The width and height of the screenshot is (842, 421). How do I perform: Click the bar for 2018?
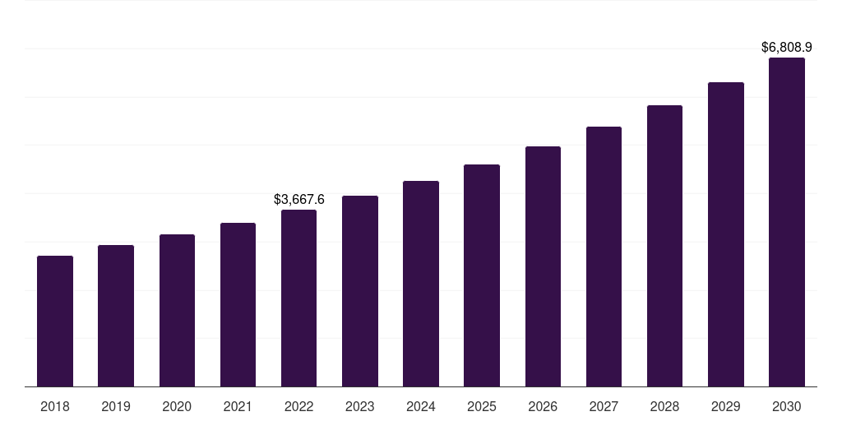pos(55,321)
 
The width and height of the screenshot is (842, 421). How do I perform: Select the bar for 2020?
pos(177,310)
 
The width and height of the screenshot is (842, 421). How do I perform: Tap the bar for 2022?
pos(298,298)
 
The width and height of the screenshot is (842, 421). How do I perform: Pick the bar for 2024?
pos(421,284)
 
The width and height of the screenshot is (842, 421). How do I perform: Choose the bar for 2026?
pos(543,266)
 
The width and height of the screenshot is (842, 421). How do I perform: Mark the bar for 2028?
pos(664,246)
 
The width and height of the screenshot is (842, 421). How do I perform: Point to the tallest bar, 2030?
pos(787,222)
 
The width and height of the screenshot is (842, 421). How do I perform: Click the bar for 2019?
pos(116,316)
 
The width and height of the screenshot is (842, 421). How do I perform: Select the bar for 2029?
pos(726,234)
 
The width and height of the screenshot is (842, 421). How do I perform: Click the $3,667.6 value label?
pos(299,199)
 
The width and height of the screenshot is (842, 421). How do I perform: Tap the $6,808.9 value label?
pos(787,48)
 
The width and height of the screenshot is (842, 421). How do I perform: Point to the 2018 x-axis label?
pos(55,406)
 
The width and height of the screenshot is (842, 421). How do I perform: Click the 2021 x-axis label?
pos(238,406)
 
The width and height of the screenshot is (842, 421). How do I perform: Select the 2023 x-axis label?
pos(360,406)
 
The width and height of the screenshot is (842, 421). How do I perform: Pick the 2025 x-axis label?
pos(482,406)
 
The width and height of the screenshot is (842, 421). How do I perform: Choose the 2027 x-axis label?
pos(604,406)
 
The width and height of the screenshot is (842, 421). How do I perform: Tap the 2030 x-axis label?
pos(787,406)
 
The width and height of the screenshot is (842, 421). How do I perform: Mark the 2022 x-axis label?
pos(298,406)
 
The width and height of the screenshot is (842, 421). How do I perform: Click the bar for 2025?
pos(482,275)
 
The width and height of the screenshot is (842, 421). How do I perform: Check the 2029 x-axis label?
pos(726,406)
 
